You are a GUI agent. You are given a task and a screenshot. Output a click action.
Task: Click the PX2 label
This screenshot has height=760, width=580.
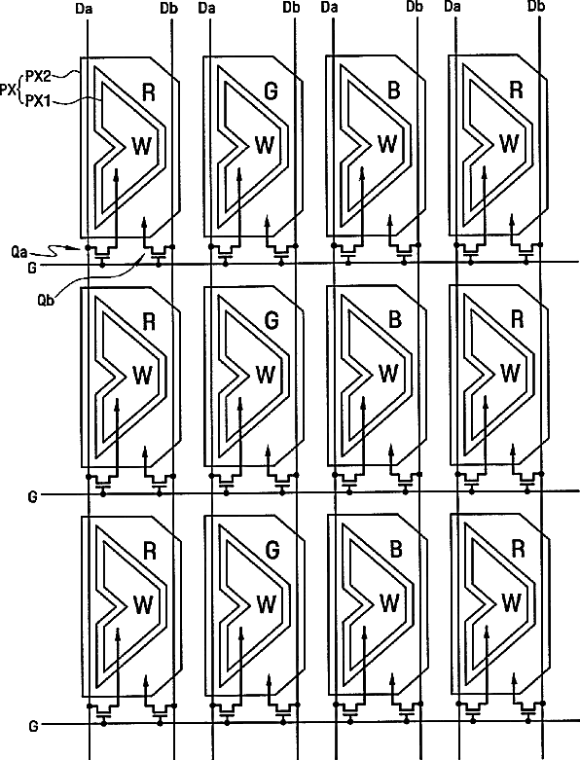pyautogui.click(x=38, y=76)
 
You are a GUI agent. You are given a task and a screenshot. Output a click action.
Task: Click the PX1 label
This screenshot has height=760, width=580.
pyautogui.click(x=37, y=101)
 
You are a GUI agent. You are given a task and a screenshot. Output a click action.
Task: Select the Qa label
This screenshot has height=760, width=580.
pyautogui.click(x=19, y=253)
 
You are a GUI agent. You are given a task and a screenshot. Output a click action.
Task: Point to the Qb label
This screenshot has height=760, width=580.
pyautogui.click(x=46, y=300)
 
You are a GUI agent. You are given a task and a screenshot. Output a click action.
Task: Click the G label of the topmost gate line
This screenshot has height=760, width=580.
pyautogui.click(x=32, y=268)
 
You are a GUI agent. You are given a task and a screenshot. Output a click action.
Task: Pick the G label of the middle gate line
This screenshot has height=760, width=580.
pyautogui.click(x=32, y=497)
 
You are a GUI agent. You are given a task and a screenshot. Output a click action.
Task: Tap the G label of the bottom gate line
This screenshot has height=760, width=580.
pyautogui.click(x=33, y=726)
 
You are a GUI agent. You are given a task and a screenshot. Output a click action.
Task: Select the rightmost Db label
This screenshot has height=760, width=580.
pyautogui.click(x=536, y=6)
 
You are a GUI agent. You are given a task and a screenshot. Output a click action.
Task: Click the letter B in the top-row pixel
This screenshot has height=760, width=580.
pyautogui.click(x=394, y=90)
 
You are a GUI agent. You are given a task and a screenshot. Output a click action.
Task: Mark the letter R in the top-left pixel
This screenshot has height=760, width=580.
pyautogui.click(x=149, y=92)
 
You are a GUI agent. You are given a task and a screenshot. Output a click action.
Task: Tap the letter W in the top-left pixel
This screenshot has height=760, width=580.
pyautogui.click(x=141, y=146)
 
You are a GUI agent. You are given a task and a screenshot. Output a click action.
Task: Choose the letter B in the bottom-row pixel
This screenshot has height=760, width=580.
pyautogui.click(x=396, y=550)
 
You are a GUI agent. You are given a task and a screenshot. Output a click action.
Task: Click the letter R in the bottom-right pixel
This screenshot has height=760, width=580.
pyautogui.click(x=518, y=549)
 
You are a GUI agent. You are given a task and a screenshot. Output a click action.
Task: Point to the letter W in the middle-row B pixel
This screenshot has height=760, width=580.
pyautogui.click(x=387, y=373)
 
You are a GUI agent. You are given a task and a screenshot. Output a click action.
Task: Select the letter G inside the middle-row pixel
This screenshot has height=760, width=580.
pyautogui.click(x=272, y=320)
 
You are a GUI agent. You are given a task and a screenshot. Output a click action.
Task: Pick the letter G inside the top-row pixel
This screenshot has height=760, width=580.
pyautogui.click(x=271, y=91)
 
